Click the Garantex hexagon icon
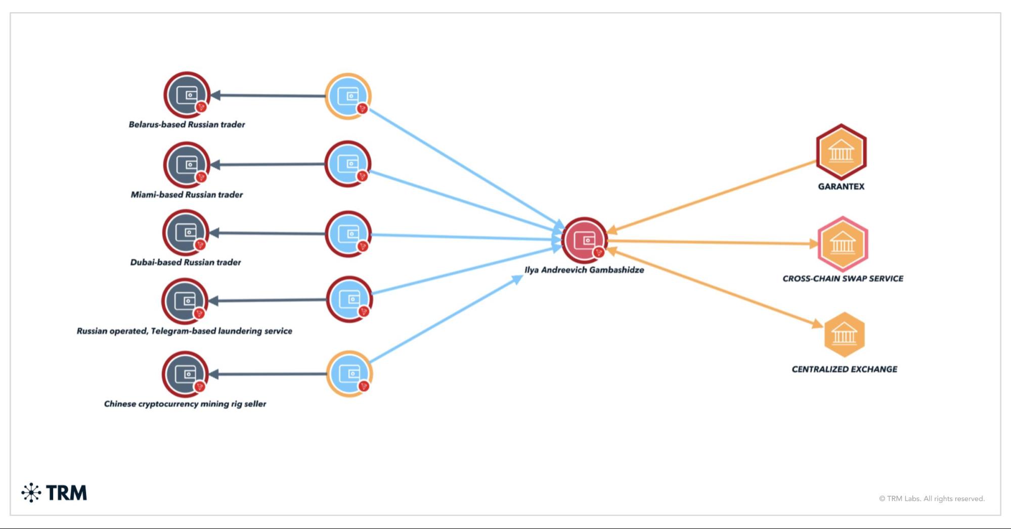(x=841, y=152)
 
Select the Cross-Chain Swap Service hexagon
(x=843, y=244)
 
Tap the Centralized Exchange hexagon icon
(x=844, y=334)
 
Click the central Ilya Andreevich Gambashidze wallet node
(x=585, y=241)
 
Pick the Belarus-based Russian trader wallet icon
(x=187, y=95)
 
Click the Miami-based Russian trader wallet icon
(x=187, y=165)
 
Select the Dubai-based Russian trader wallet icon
(x=186, y=233)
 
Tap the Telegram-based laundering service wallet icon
(x=185, y=301)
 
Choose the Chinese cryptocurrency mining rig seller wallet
(x=185, y=374)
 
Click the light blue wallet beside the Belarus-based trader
(x=348, y=96)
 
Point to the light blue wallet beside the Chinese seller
(x=349, y=374)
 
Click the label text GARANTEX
(x=841, y=186)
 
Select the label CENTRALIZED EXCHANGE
(x=844, y=369)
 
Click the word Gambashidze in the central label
(x=616, y=270)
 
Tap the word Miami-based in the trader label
(x=157, y=195)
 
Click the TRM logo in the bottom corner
(x=55, y=493)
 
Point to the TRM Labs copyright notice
(x=932, y=499)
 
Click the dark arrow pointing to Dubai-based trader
(x=268, y=233)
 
